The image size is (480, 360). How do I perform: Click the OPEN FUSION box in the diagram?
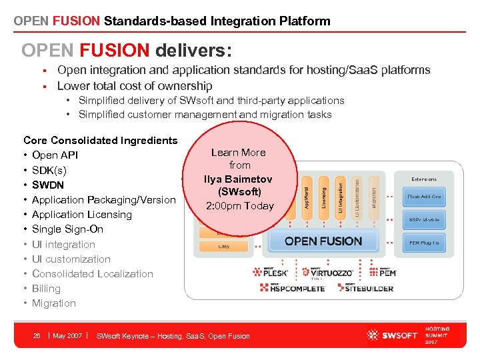tap(323, 241)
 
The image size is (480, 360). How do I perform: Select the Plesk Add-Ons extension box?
tap(424, 197)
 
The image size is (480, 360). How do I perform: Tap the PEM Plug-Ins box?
tap(424, 243)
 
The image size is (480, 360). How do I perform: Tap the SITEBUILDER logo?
tap(369, 288)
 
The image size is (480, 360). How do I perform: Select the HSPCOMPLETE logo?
tap(293, 288)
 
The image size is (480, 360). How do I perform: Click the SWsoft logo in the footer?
tap(392, 335)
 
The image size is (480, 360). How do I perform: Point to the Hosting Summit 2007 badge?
tap(437, 335)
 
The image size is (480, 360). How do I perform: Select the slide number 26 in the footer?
tap(37, 336)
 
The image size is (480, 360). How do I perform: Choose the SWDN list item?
tap(47, 185)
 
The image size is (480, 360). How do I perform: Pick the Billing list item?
tap(46, 289)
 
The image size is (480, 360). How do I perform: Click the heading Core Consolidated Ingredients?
tap(100, 141)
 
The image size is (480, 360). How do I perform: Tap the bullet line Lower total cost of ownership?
tap(135, 86)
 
